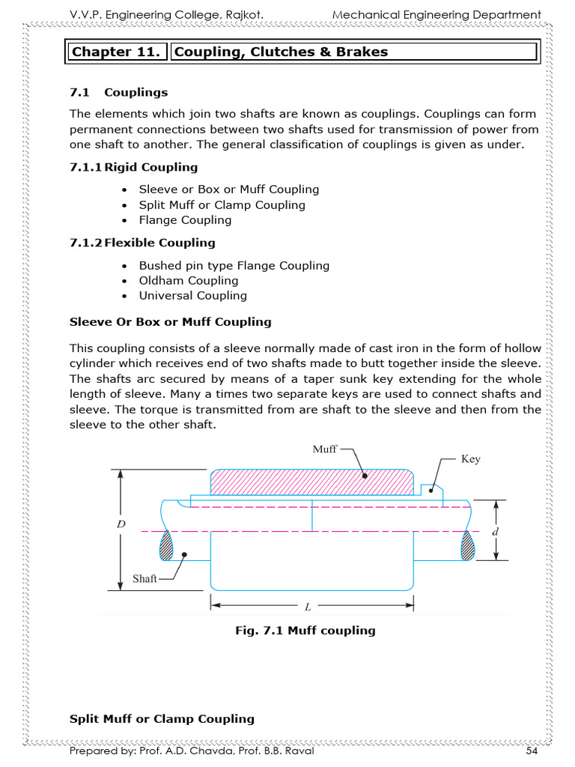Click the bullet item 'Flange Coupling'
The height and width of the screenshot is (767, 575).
pyautogui.click(x=185, y=220)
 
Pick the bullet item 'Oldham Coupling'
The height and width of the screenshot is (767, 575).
pyautogui.click(x=188, y=280)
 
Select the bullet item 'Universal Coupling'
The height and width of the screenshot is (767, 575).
pyautogui.click(x=192, y=295)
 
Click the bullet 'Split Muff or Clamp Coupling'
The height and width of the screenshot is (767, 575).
pyautogui.click(x=222, y=204)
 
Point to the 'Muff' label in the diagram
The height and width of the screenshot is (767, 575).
pyautogui.click(x=325, y=449)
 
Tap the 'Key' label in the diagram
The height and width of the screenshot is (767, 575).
pyautogui.click(x=470, y=459)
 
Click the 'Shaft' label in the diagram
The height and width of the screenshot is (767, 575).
pyautogui.click(x=144, y=578)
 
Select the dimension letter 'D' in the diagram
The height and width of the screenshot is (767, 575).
pyautogui.click(x=120, y=525)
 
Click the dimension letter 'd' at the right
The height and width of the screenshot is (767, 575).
pyautogui.click(x=495, y=530)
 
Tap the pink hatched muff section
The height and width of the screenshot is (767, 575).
pyautogui.click(x=311, y=482)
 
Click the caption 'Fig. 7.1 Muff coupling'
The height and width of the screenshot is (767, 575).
pyautogui.click(x=305, y=631)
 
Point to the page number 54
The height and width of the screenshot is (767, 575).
pyautogui.click(x=532, y=751)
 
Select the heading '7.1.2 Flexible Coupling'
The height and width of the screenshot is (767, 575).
pyautogui.click(x=142, y=243)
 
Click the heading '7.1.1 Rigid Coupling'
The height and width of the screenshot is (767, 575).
pyautogui.click(x=133, y=167)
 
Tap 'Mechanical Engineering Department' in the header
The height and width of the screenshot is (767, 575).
pyautogui.click(x=436, y=14)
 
